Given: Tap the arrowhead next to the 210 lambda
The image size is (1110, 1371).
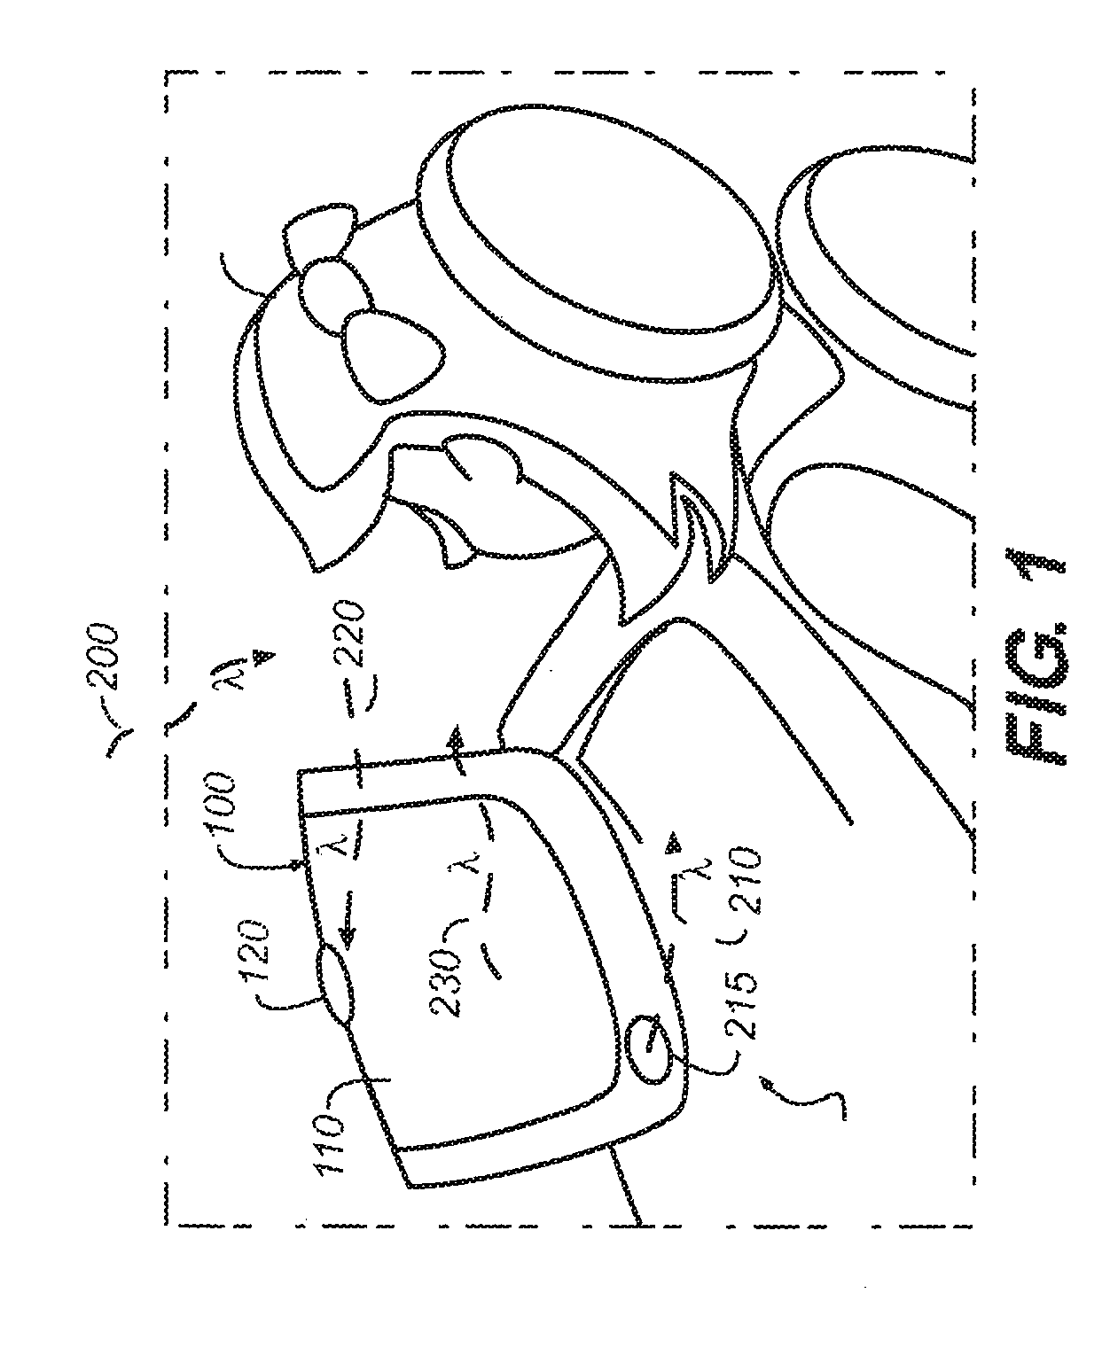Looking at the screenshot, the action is click(676, 838).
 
